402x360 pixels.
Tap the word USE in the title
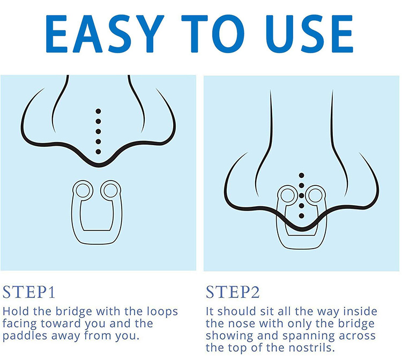pyautogui.click(x=309, y=34)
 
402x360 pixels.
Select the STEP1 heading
pyautogui.click(x=29, y=292)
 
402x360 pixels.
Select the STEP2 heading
pyautogui.click(x=233, y=292)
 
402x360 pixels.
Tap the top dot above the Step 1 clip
pyautogui.click(x=98, y=111)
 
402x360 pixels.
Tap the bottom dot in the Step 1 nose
pyautogui.click(x=98, y=152)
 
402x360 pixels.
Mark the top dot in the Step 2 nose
pyautogui.click(x=301, y=176)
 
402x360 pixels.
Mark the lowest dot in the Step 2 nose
pyautogui.click(x=301, y=216)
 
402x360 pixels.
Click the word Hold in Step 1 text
pyautogui.click(x=16, y=311)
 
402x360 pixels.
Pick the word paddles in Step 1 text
pyautogui.click(x=25, y=336)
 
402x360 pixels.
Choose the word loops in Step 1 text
pyautogui.click(x=162, y=312)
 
